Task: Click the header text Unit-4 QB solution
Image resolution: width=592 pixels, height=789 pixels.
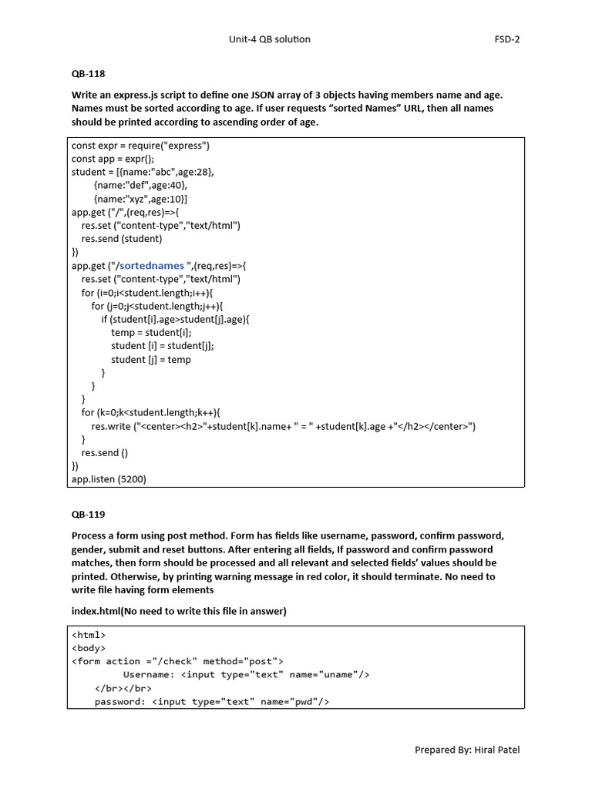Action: point(270,39)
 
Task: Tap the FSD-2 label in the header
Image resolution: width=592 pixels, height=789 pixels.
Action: point(506,39)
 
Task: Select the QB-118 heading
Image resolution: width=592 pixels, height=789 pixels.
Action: point(88,75)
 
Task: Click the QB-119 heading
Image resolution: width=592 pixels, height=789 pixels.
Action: point(88,514)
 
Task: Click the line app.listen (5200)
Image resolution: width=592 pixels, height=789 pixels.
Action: point(109,479)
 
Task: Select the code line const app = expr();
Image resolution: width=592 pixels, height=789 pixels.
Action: point(113,159)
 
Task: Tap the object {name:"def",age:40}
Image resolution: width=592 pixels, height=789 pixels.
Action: point(140,186)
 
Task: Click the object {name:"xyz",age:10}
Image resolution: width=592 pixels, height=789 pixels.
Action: point(140,199)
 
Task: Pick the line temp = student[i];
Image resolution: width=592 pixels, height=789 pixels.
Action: point(151,333)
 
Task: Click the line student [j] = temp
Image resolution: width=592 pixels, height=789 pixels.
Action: point(151,360)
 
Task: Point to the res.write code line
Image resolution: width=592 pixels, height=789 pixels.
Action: point(283,426)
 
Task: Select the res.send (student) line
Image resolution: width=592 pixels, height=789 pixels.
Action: point(122,239)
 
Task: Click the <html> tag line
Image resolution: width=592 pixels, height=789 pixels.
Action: point(89,635)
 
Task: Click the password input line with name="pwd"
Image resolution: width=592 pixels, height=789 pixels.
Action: point(212,702)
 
